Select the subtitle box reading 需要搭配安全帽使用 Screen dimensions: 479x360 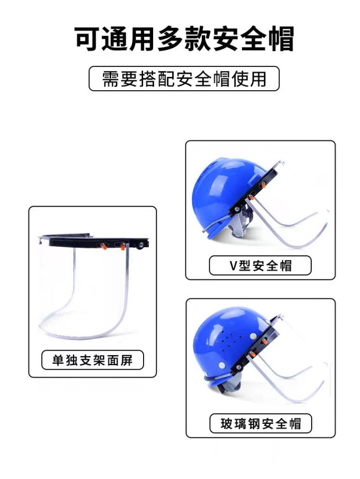click(184, 79)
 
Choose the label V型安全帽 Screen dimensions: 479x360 click(260, 265)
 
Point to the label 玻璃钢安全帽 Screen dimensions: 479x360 click(261, 423)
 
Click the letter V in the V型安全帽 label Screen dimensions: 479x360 click(233, 265)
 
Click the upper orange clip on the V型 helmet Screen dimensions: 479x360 click(263, 184)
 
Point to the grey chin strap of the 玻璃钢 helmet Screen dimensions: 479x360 click(232, 386)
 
